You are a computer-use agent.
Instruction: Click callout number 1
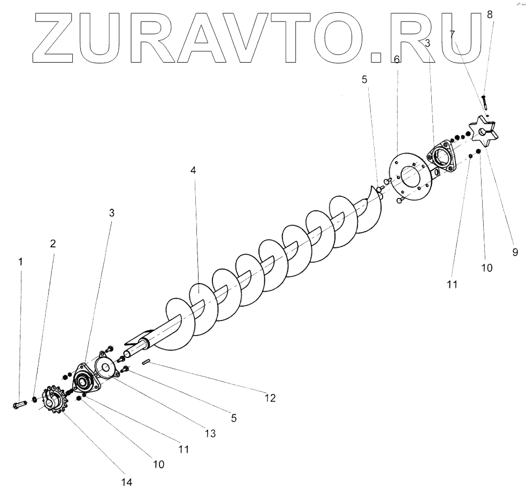20,262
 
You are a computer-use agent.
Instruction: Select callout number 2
52,244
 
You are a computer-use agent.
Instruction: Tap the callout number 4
193,171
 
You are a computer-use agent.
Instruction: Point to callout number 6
397,59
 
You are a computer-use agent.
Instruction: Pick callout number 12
270,398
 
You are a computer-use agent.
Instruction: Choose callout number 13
210,434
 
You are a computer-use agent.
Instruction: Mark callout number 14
126,482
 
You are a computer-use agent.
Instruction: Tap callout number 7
453,34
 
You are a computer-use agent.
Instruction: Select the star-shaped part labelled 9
484,130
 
